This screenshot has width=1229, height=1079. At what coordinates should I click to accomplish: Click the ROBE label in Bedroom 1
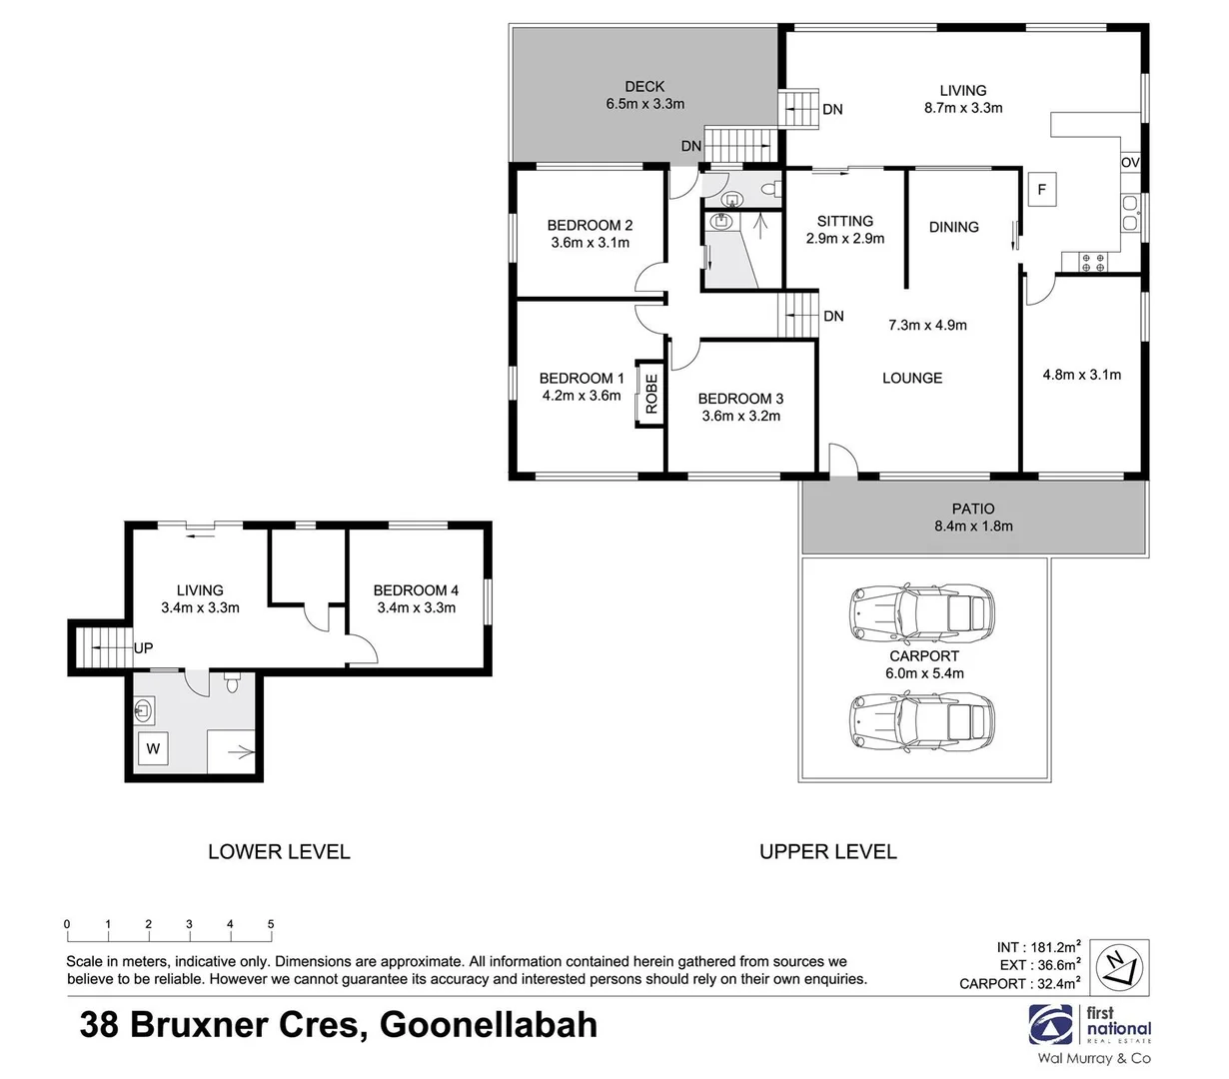651,394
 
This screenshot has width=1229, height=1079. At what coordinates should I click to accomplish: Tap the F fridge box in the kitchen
1041,189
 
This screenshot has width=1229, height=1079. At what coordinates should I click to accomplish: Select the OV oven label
1130,163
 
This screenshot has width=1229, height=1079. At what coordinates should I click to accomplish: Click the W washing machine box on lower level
153,747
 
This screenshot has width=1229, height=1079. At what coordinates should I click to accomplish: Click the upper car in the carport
920,611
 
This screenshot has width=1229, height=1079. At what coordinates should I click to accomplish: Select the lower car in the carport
920,717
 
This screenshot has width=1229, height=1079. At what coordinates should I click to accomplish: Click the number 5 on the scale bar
271,924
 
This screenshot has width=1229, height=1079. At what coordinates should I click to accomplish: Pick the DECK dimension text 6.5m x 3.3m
644,104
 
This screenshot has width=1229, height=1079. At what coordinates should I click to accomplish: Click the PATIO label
973,509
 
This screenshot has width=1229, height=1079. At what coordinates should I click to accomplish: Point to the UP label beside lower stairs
143,648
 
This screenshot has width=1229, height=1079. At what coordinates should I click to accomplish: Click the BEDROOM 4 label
416,589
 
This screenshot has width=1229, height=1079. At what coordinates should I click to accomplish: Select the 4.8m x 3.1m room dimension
1081,375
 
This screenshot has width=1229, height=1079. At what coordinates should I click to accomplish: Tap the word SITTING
844,221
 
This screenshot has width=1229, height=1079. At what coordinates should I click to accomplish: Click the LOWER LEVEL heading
279,852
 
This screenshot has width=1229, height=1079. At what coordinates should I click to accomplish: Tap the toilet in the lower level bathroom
232,684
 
